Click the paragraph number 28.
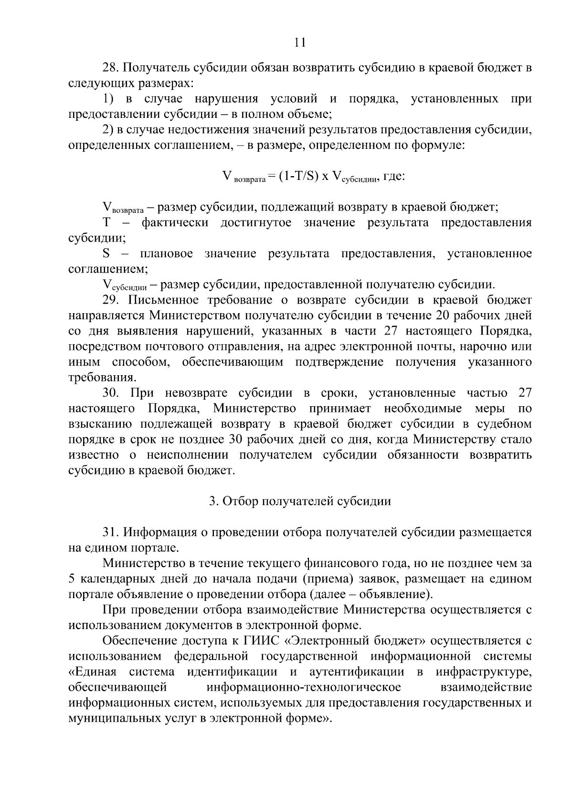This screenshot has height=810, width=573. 111,68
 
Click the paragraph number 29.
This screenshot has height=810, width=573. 111,300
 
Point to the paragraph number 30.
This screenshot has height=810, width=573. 111,393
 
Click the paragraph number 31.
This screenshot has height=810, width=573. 111,532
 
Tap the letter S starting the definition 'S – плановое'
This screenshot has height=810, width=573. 106,253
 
